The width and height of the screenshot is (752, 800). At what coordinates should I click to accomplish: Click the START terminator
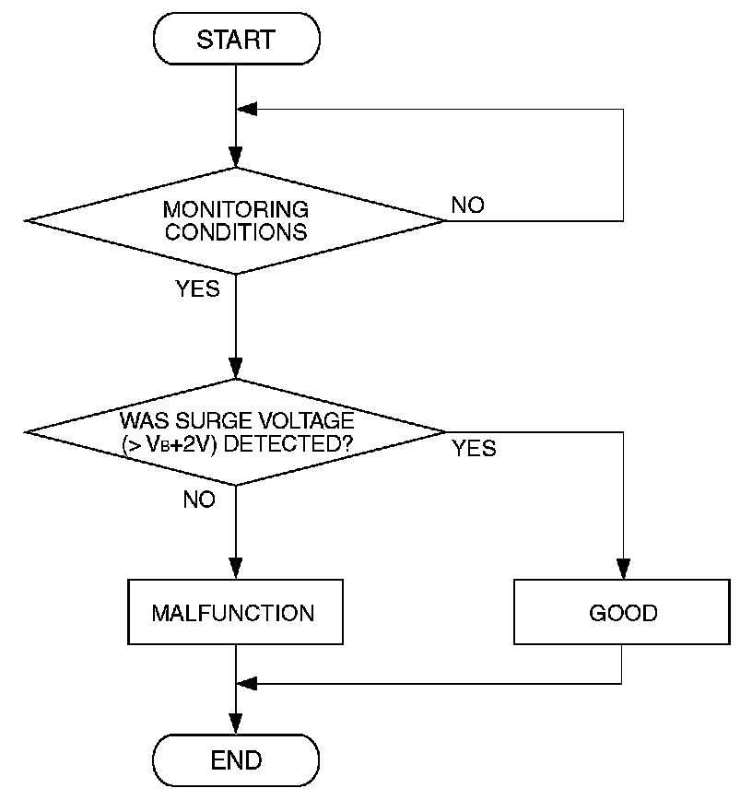click(236, 39)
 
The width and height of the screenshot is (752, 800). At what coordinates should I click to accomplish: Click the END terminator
click(236, 759)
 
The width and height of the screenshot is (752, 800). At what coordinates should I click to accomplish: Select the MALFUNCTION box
click(235, 612)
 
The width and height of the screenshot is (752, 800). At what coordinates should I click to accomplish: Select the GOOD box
click(622, 612)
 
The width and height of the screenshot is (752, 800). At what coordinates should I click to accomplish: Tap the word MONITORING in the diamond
click(236, 210)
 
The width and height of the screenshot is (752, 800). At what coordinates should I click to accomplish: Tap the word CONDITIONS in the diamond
click(236, 232)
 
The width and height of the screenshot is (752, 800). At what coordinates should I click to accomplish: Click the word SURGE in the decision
click(215, 421)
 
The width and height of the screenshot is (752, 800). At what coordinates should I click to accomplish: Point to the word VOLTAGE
click(306, 421)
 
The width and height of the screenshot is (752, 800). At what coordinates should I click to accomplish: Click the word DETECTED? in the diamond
click(288, 444)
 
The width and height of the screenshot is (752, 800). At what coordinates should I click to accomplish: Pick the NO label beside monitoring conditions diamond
click(467, 206)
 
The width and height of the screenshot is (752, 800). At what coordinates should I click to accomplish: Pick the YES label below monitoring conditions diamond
click(197, 288)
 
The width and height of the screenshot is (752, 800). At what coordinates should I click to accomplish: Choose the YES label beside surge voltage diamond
click(474, 449)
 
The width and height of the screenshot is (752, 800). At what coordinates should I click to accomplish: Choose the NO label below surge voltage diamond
click(199, 500)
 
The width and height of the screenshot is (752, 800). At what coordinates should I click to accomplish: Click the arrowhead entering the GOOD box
click(623, 570)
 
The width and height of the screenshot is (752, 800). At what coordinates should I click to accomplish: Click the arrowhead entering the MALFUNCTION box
click(236, 570)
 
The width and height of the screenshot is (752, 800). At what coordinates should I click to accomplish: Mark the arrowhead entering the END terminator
click(236, 724)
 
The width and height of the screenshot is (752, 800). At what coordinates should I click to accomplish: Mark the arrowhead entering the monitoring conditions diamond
click(236, 158)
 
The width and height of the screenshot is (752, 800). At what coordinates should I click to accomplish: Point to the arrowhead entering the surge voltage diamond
click(236, 369)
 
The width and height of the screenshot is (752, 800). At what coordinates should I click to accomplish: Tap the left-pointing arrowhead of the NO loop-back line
click(247, 109)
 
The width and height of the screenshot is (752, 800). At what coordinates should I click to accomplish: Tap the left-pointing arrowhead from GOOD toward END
click(247, 684)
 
